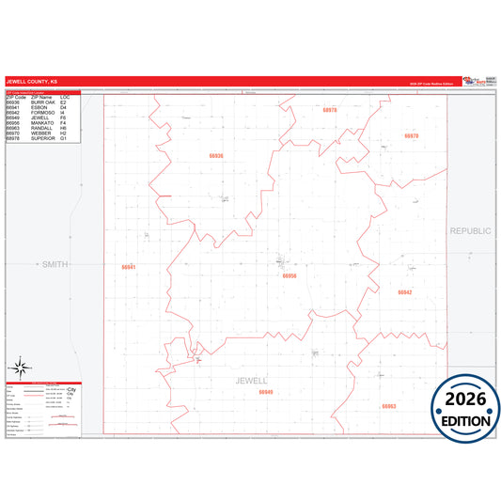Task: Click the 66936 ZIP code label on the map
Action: [216, 155]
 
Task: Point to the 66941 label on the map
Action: [129, 267]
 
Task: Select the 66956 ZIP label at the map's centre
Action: [290, 275]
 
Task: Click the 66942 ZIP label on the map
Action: [404, 292]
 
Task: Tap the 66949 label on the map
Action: [266, 392]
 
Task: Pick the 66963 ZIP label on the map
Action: [388, 406]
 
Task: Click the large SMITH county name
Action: [55, 266]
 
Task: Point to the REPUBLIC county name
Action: [470, 230]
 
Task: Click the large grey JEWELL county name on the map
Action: [253, 380]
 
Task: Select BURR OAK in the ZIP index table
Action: [40, 102]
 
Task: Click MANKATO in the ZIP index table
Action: [40, 123]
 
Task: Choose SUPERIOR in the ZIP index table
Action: [41, 138]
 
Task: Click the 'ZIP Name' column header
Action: [40, 97]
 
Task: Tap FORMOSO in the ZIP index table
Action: [40, 113]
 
